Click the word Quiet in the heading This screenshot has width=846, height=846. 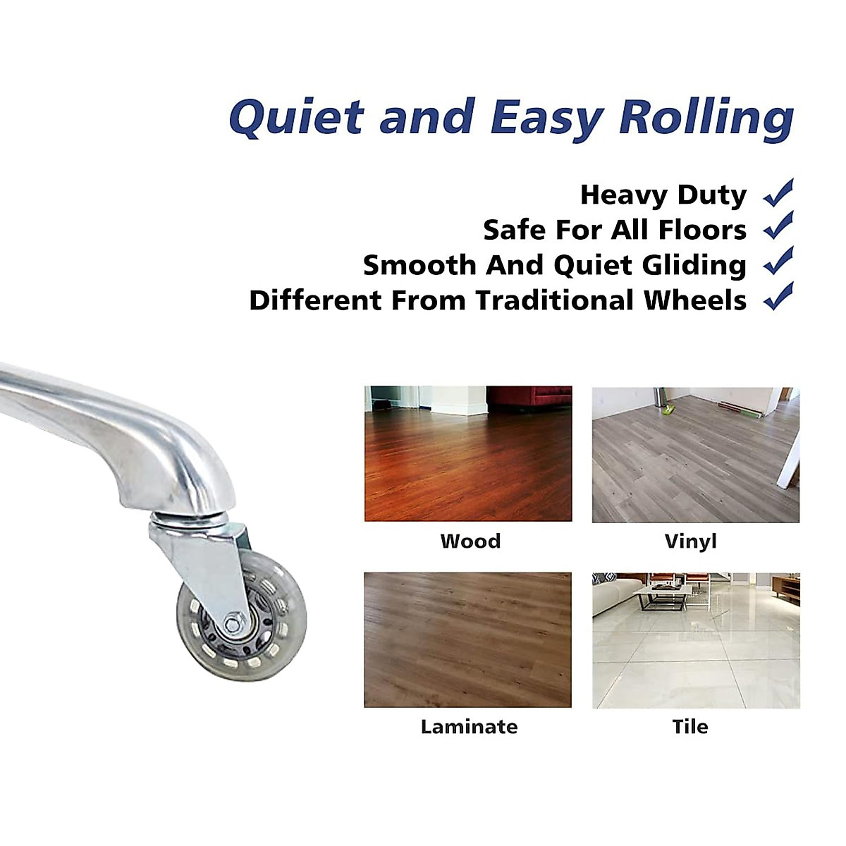tap(296, 116)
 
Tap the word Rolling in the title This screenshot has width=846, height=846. tap(706, 118)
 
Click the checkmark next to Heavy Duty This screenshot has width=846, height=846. tap(778, 193)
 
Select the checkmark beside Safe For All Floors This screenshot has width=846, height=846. tap(778, 226)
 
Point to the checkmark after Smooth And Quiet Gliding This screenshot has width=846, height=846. tap(778, 261)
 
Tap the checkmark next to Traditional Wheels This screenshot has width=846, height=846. tap(778, 296)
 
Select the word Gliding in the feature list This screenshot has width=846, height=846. tap(694, 266)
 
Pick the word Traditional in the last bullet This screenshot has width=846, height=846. tap(554, 301)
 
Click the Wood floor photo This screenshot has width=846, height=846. tap(468, 453)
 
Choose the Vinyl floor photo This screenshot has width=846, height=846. tap(696, 455)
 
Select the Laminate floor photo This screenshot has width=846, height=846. tap(467, 640)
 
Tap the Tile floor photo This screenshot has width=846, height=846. tap(696, 641)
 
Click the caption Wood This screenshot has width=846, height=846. tap(471, 541)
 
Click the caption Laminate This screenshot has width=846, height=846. tap(470, 727)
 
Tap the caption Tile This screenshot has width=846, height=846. tap(690, 727)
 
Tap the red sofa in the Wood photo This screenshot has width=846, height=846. tap(529, 396)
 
